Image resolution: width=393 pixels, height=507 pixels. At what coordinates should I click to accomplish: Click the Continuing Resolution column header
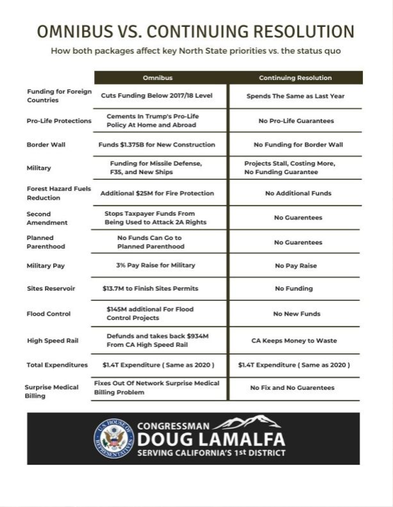(296, 77)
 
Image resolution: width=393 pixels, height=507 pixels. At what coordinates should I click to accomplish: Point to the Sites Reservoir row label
(51, 289)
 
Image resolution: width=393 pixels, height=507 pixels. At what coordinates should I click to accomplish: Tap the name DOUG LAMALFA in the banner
(211, 440)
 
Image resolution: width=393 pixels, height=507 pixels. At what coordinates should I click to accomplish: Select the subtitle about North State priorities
(196, 51)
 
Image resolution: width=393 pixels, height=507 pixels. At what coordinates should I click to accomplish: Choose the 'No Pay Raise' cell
(296, 265)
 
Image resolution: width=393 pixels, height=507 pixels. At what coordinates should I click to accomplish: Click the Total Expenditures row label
(57, 365)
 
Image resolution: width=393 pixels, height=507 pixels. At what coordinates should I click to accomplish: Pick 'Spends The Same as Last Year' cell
(296, 96)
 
